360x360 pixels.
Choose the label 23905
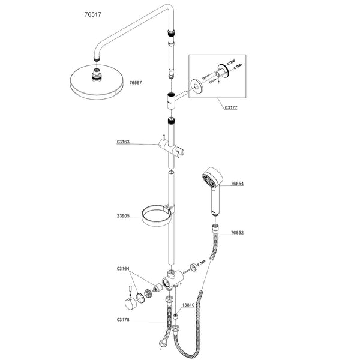pyautogui.click(x=125, y=214)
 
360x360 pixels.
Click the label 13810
pyautogui.click(x=188, y=305)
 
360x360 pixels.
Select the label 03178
pyautogui.click(x=124, y=320)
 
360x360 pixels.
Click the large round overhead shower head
pyautogui.click(x=97, y=83)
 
